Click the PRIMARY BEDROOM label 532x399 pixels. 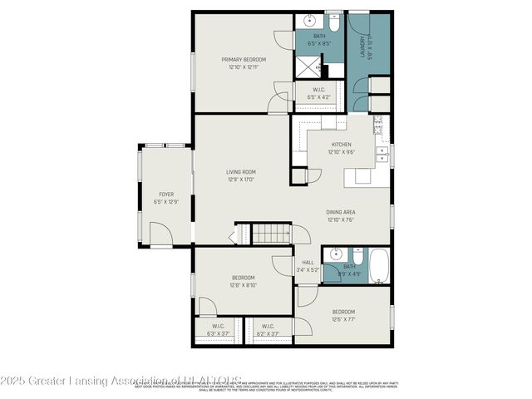point(243,60)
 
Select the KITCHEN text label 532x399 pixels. point(342,145)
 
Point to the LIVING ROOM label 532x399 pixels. point(240,173)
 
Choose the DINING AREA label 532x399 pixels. point(341,212)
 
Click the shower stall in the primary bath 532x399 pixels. point(309,64)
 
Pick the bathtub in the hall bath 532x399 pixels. point(377,265)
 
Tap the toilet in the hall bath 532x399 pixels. point(357,256)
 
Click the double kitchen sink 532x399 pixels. point(382,154)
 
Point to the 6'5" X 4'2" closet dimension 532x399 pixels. point(318,97)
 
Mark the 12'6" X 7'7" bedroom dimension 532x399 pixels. point(343,319)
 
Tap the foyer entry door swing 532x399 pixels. point(166,237)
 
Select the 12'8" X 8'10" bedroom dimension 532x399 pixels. point(243,285)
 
